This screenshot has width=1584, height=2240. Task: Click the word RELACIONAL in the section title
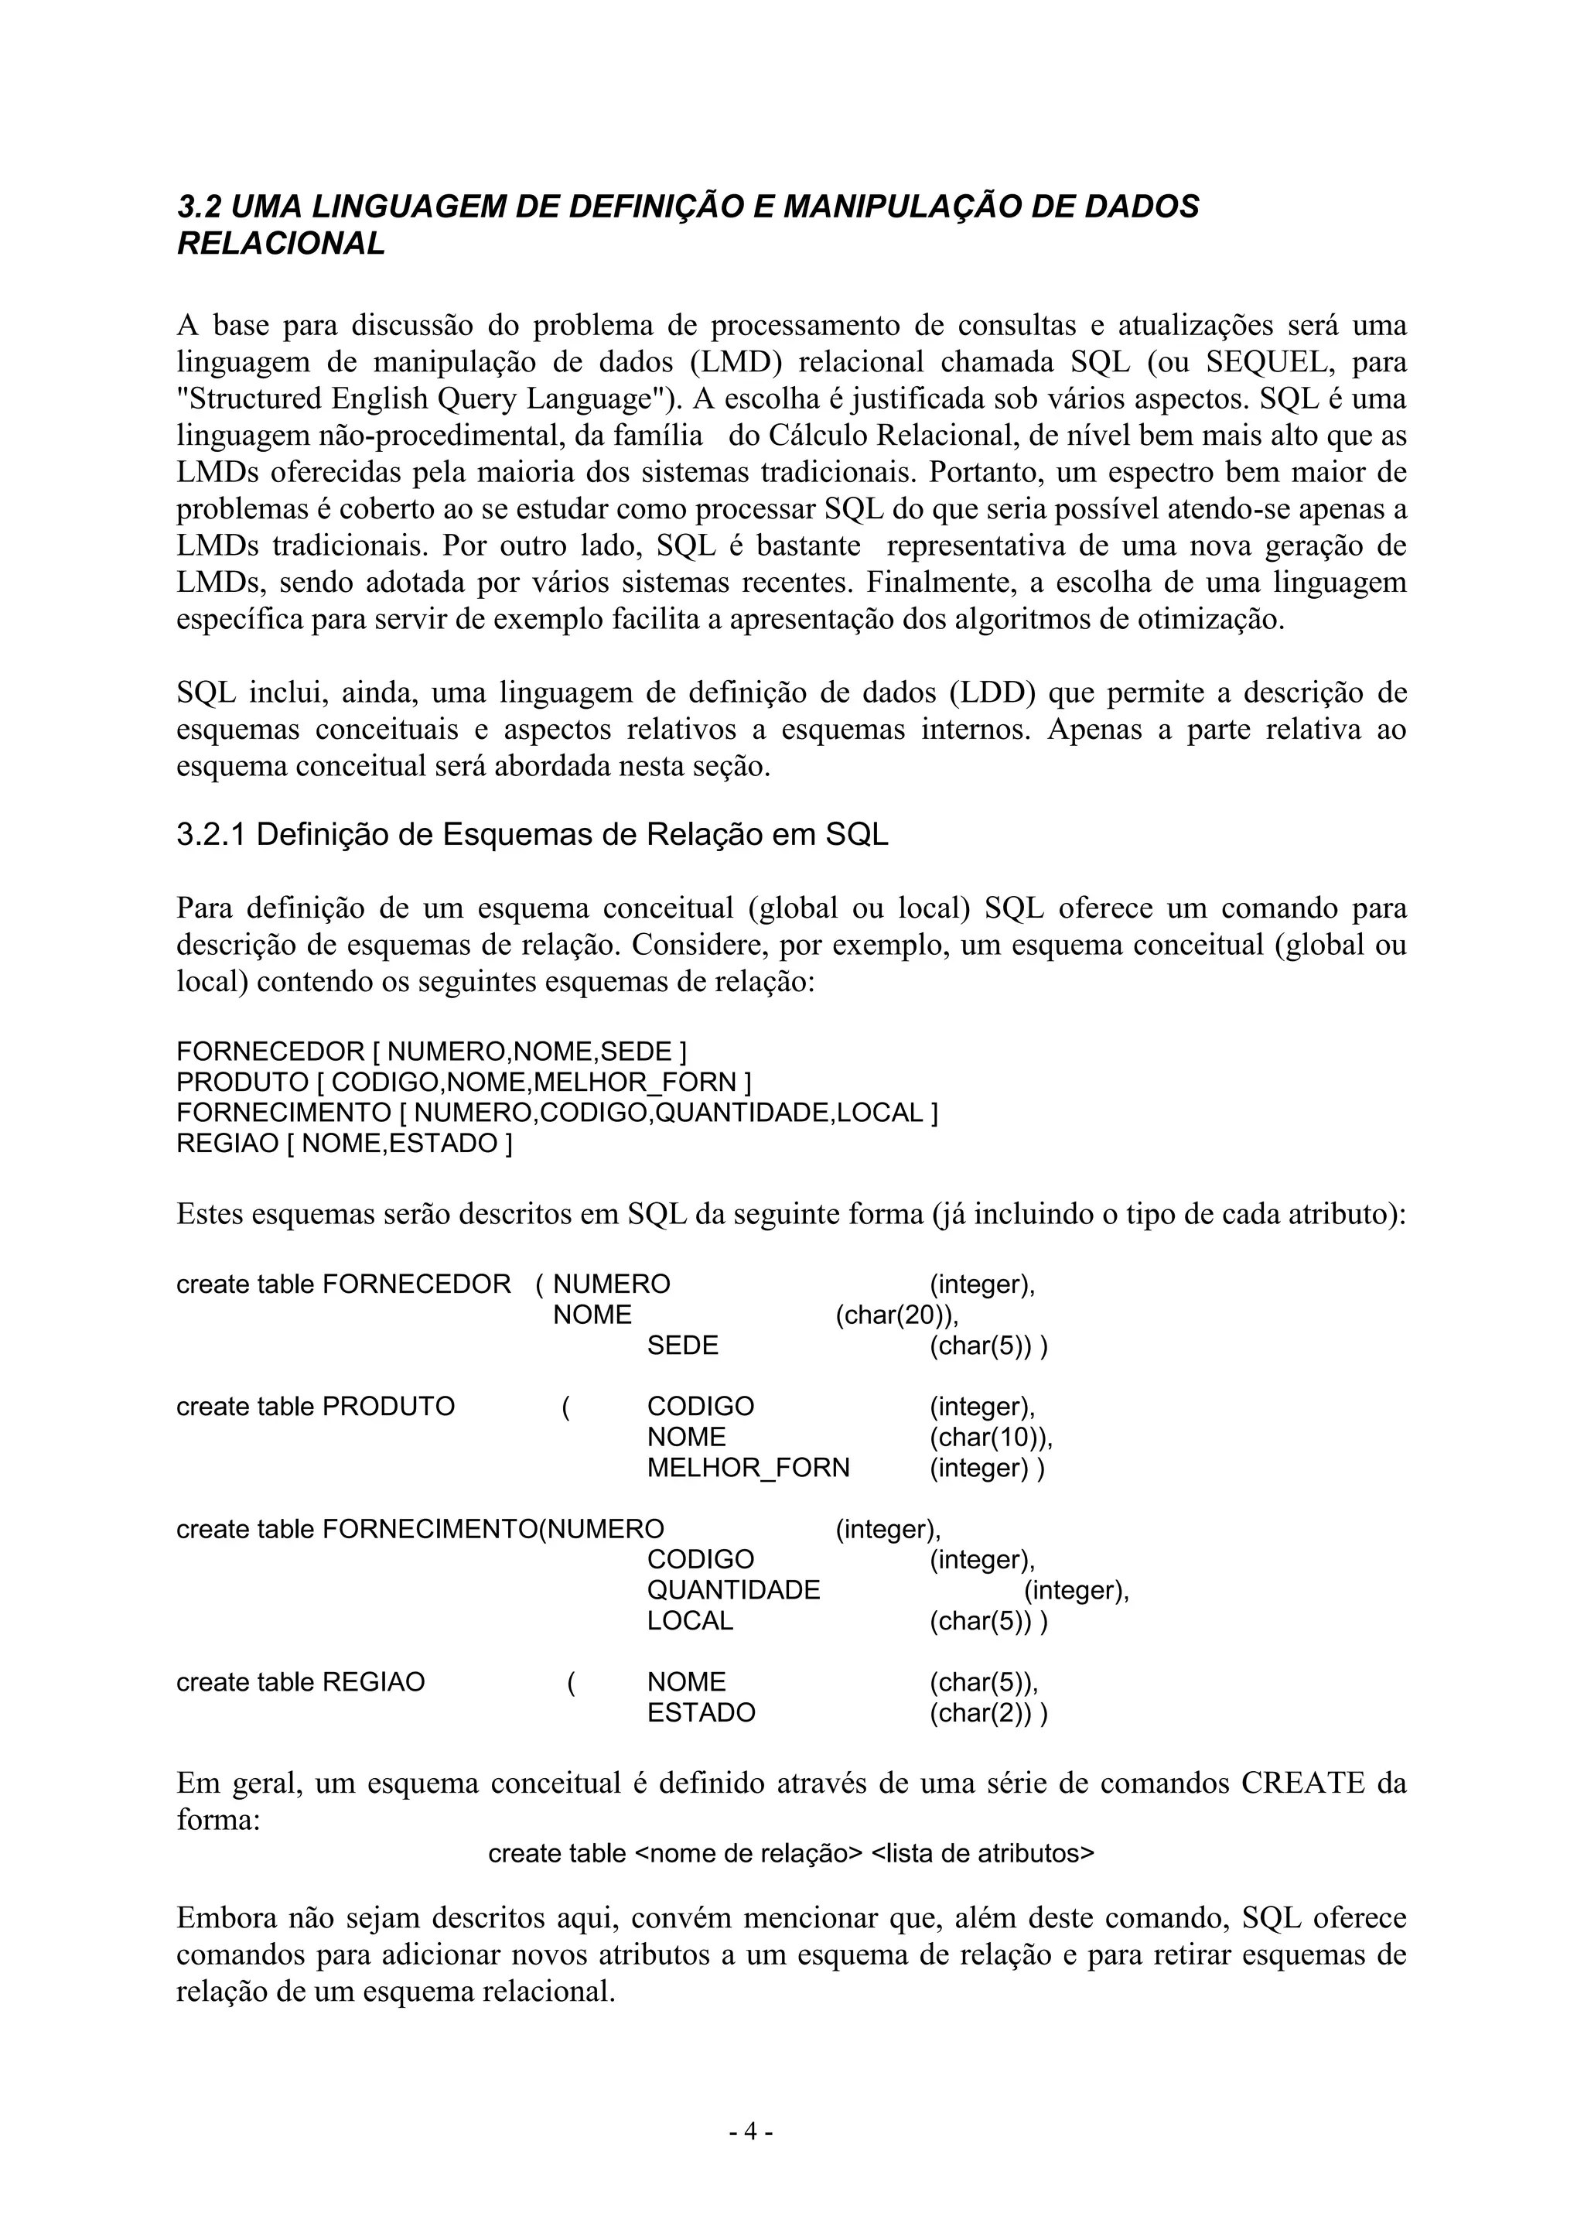click(x=281, y=244)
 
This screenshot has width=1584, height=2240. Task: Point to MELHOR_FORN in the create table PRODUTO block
click(x=748, y=1467)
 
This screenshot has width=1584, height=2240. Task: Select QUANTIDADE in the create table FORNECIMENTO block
click(x=733, y=1590)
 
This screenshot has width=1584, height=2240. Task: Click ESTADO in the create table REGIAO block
click(x=702, y=1713)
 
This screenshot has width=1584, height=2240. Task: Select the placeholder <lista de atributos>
click(x=982, y=1854)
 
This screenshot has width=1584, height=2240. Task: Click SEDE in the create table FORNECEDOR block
click(x=683, y=1346)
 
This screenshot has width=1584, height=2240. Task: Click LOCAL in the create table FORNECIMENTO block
click(x=690, y=1620)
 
